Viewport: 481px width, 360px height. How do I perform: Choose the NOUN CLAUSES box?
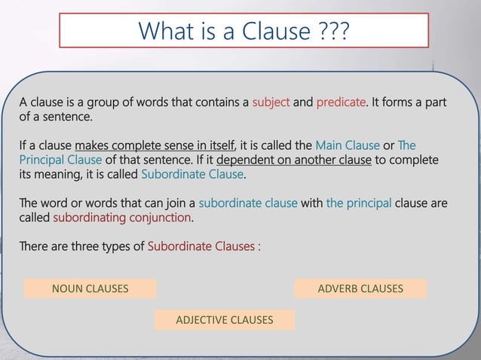(x=90, y=288)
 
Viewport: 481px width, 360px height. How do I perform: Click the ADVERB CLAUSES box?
(x=360, y=288)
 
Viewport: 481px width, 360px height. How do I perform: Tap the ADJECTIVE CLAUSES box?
(x=224, y=320)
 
